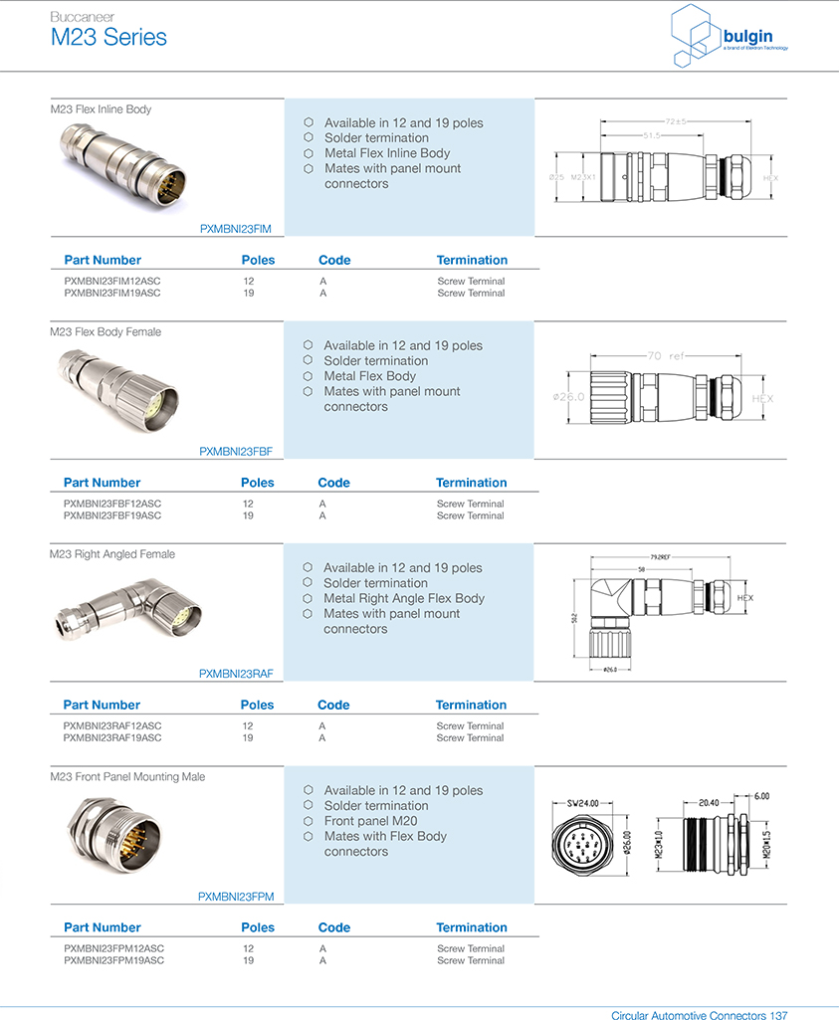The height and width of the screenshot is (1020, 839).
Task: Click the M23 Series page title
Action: click(x=108, y=38)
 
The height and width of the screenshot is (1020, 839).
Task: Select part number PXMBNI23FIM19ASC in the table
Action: click(x=112, y=294)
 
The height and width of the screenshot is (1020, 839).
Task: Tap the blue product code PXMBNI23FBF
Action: click(x=236, y=451)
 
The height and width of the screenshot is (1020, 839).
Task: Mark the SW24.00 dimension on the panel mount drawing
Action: click(x=582, y=802)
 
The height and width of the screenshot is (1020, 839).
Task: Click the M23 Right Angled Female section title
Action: click(x=112, y=554)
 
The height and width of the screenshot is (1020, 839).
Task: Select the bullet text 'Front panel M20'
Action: click(x=370, y=821)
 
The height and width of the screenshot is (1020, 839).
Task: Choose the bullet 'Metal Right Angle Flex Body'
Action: click(x=404, y=598)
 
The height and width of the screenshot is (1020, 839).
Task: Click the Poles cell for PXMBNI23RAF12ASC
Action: click(x=248, y=726)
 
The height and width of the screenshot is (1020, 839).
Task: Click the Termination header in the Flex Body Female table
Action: click(x=471, y=483)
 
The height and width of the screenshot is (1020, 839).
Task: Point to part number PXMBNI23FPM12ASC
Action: click(x=113, y=949)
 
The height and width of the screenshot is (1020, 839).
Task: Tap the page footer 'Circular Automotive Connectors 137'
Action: click(x=699, y=1015)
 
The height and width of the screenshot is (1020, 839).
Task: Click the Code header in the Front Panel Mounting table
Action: click(x=334, y=927)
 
